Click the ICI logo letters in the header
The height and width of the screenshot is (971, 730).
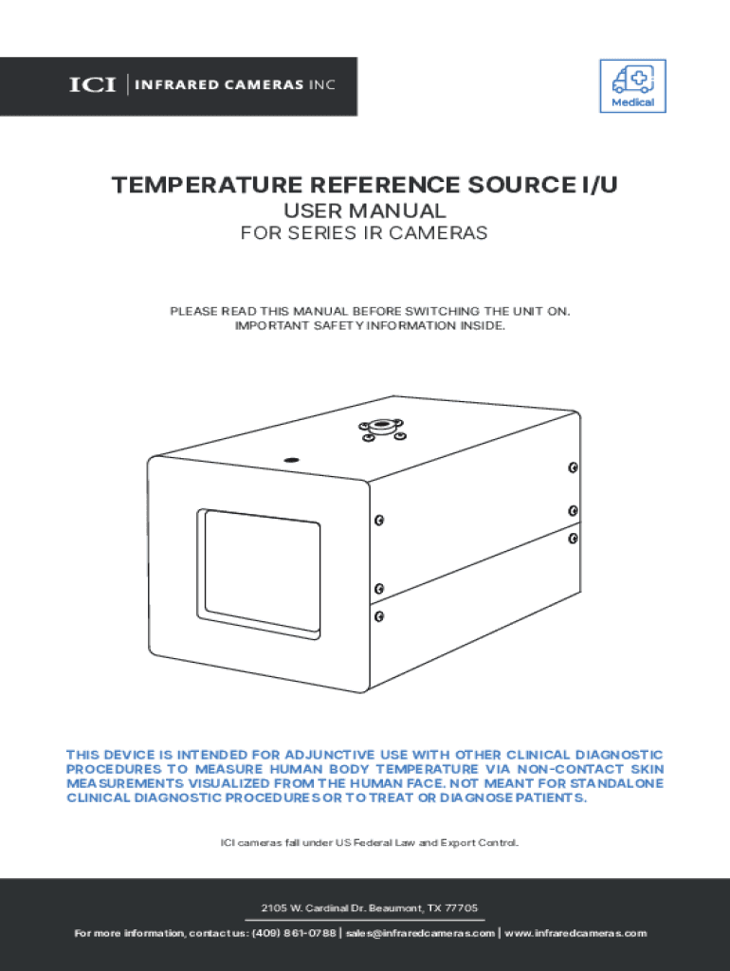(x=92, y=86)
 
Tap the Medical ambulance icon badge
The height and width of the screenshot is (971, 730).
(x=631, y=86)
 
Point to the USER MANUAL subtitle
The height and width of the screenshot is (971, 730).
(x=365, y=211)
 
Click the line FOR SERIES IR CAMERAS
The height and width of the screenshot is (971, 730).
(x=365, y=233)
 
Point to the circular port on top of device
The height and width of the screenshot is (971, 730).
(x=381, y=428)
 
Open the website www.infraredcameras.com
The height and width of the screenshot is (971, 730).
(x=575, y=933)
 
